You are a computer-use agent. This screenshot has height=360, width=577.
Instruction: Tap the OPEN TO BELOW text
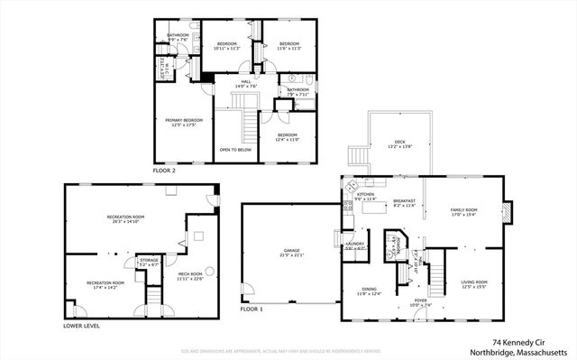click(235, 150)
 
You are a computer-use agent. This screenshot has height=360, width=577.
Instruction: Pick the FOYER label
click(396, 302)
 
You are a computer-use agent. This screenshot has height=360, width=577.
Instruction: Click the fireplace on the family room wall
click(508, 211)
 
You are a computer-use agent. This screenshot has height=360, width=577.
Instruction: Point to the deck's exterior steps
click(358, 156)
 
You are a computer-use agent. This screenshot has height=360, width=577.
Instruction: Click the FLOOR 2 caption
click(163, 170)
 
